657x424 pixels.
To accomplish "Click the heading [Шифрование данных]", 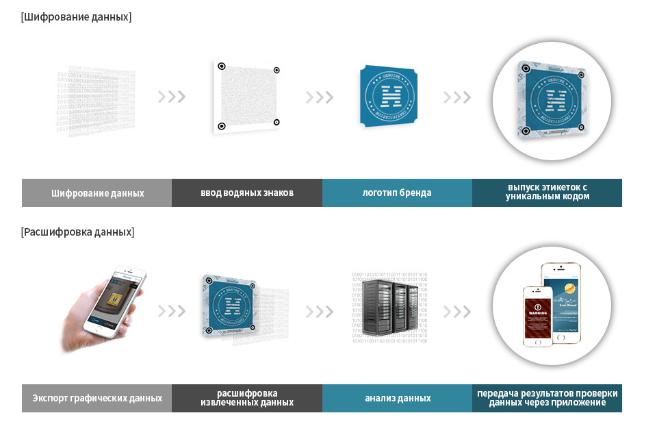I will point(76,17).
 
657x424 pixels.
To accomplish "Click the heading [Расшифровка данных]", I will point(77,232).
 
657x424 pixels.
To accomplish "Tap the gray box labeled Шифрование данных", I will point(96,193).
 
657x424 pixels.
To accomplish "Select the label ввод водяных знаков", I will point(246,193).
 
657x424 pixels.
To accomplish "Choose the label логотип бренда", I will point(397,193).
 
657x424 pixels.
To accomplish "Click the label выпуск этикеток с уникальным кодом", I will point(547,192).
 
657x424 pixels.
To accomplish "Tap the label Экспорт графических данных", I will point(96,398).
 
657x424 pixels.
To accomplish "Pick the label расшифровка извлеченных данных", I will point(246,398).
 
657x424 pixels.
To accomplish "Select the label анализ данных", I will point(397,398).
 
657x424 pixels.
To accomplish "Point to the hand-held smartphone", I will point(116,301).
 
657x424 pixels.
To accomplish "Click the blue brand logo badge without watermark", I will point(387,97).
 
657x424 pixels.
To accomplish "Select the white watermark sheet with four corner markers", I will point(246,97).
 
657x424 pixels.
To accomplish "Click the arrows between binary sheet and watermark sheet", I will point(171,97).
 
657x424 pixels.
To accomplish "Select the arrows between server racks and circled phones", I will point(456,312).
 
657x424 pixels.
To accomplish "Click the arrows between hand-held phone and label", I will point(171,312).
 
